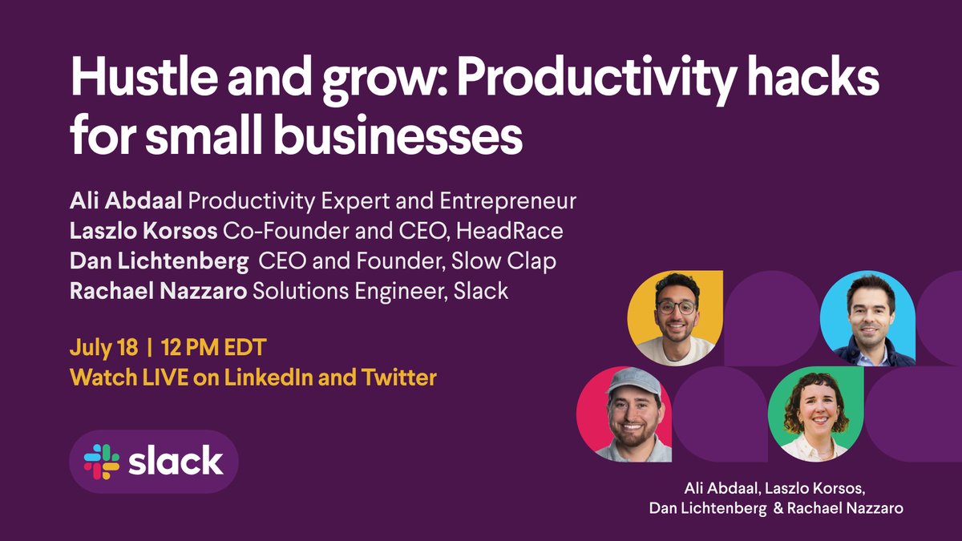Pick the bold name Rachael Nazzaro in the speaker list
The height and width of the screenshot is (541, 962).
[158, 291]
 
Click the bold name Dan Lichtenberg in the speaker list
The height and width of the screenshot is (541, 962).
[159, 261]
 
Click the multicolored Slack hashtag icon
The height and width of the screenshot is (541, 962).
[102, 462]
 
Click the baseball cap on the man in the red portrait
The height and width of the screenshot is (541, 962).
[633, 380]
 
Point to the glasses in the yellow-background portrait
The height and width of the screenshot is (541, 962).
[676, 307]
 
